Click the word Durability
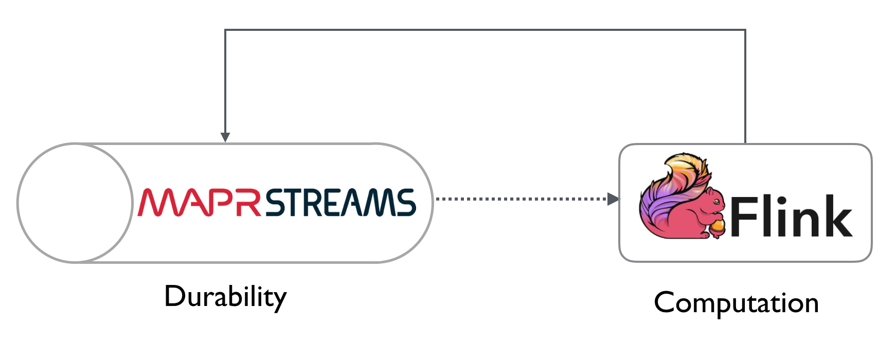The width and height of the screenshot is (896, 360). [225, 297]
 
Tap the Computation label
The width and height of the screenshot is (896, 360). [736, 303]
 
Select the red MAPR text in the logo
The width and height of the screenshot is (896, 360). [200, 202]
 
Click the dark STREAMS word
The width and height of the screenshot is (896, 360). [341, 202]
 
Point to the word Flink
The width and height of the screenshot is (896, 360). [791, 217]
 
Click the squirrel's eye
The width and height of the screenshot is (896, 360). [716, 201]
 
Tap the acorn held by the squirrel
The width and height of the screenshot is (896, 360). [718, 226]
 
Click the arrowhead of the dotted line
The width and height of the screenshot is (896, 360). [614, 199]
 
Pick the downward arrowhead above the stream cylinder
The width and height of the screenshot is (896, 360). [225, 137]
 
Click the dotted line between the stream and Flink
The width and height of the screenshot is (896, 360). [522, 199]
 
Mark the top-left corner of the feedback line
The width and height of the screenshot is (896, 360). [225, 30]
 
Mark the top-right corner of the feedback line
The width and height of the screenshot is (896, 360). [745, 30]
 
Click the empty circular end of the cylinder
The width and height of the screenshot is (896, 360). [75, 203]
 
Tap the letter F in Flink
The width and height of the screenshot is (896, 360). [743, 217]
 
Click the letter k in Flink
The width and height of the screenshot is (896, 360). [837, 217]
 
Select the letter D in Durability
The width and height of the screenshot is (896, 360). [175, 296]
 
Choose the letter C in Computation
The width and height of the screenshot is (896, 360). [665, 302]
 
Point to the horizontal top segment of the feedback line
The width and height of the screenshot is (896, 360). [485, 30]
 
